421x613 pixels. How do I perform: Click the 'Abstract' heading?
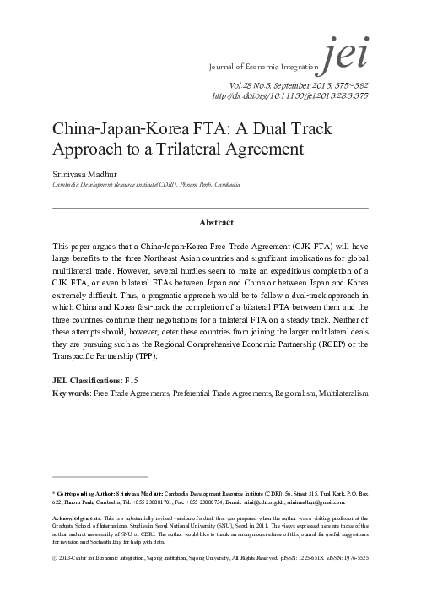point(210,224)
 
